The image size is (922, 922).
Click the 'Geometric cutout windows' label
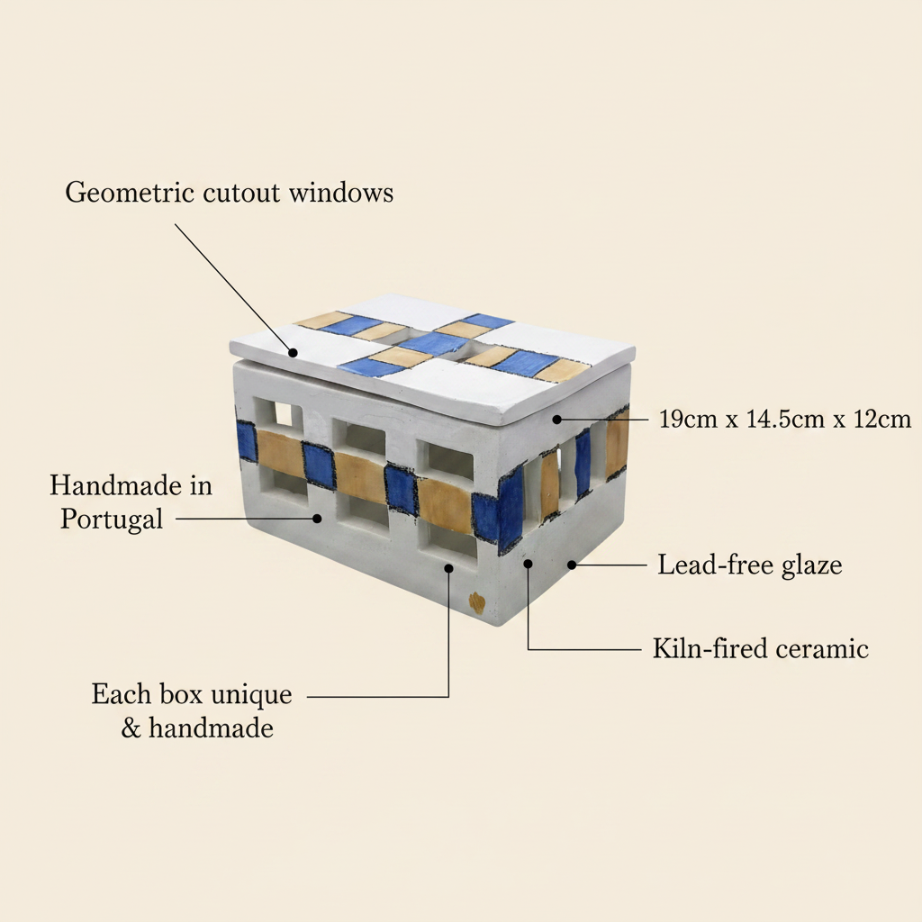point(230,194)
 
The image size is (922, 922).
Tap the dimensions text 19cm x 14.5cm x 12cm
point(785,420)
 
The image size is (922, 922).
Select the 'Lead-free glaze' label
point(750,565)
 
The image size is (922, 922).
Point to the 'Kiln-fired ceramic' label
point(760,648)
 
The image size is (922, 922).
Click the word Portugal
point(112,520)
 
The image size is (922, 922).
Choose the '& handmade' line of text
point(197,728)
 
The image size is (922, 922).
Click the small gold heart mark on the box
point(476,602)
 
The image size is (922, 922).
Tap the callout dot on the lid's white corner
point(293,352)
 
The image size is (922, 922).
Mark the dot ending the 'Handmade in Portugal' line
point(318,519)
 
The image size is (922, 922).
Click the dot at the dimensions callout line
point(556,420)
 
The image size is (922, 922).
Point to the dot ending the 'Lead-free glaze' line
point(572,565)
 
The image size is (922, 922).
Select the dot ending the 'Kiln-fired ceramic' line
point(528,564)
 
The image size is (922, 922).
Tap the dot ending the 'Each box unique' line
point(448,568)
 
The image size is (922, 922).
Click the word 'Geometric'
point(130,194)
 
